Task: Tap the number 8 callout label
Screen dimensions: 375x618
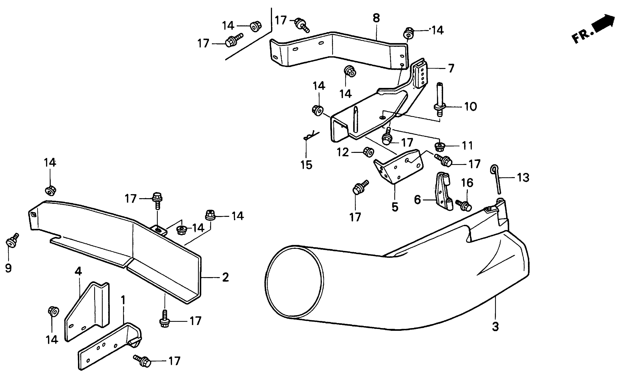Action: pyautogui.click(x=376, y=18)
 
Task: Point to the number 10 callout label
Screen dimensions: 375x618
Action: pyautogui.click(x=471, y=107)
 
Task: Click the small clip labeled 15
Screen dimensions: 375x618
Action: pyautogui.click(x=311, y=136)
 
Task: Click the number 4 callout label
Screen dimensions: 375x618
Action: pyautogui.click(x=78, y=271)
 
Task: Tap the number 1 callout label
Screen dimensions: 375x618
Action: pyautogui.click(x=123, y=300)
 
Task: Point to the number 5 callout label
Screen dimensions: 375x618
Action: pyautogui.click(x=395, y=207)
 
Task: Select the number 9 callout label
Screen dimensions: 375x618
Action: pyautogui.click(x=8, y=268)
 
